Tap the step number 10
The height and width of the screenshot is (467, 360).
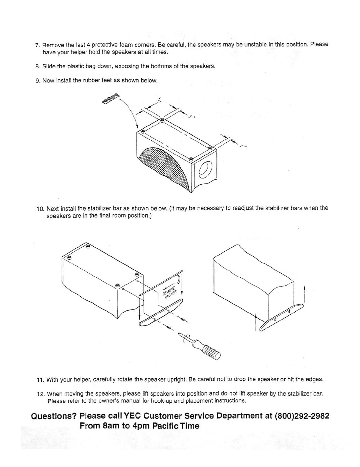40,209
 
